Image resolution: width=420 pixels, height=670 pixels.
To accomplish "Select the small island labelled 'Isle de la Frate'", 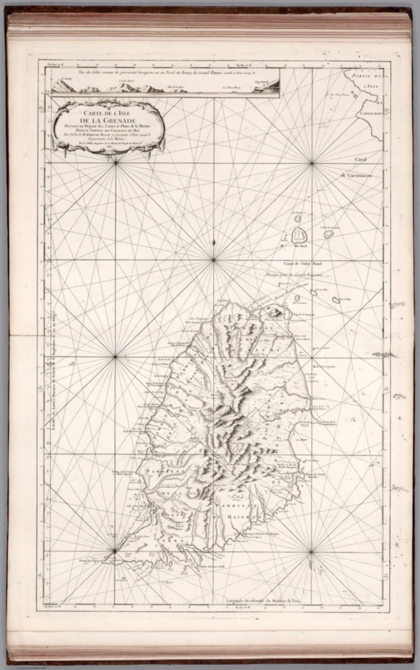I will point(329,234).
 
